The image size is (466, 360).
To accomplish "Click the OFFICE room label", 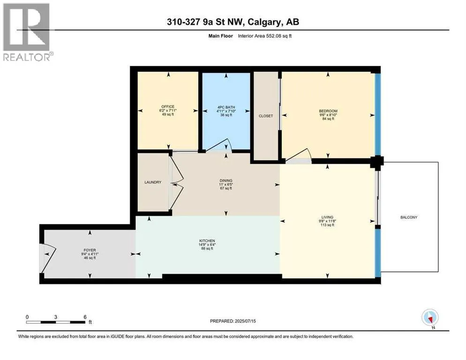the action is pos(168,106).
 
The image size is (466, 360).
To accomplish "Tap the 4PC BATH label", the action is pos(226,107).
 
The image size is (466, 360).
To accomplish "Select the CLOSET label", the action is pos(266,116).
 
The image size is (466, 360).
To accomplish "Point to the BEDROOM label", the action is pos(328,111).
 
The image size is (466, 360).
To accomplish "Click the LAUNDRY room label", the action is pos(153,182).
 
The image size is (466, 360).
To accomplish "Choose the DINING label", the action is pos(226,180).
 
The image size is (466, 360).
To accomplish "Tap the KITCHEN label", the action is pos(207,241).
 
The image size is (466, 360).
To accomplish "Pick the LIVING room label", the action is pos(327,217).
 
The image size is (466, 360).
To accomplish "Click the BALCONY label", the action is pos(409,217).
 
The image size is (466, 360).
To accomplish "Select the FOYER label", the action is pos(90,250).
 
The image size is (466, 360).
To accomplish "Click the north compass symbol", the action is pos(430,318).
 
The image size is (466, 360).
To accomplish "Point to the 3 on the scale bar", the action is pos(56,317).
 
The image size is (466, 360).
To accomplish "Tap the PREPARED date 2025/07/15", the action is pos(245,321).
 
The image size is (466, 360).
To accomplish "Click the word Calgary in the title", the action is pos(264,22).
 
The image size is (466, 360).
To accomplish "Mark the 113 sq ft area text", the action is pos(327,225).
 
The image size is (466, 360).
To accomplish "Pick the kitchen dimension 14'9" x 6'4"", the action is pos(207,245).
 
